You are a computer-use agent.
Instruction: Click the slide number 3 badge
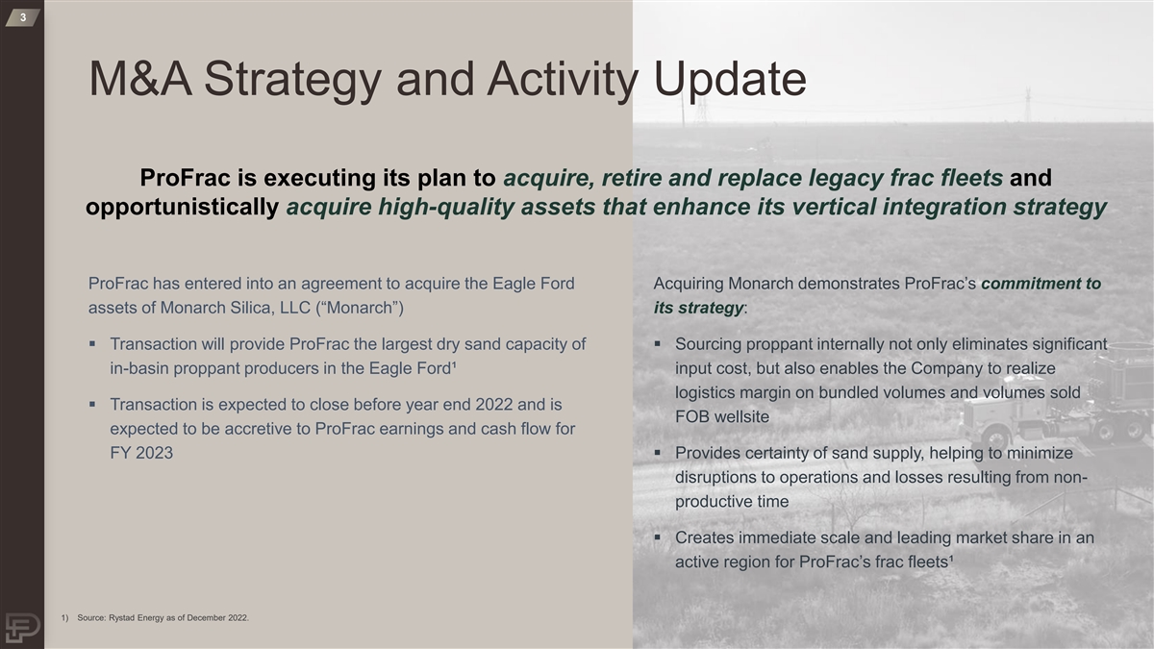pos(23,17)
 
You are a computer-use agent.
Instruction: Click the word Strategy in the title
pos(292,80)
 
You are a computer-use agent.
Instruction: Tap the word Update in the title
pos(730,80)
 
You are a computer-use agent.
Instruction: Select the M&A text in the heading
pos(140,79)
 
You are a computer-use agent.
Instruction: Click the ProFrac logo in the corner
pos(22,628)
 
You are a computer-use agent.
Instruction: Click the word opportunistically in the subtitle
pos(182,208)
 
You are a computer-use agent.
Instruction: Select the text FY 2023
pos(141,453)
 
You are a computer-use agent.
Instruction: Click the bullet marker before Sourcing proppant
pos(658,343)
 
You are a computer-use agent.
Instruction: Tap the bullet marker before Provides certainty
pos(658,452)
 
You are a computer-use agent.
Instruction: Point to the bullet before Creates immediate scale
pos(658,537)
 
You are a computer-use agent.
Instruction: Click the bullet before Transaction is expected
pos(92,404)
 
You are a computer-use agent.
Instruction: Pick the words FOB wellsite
pos(722,416)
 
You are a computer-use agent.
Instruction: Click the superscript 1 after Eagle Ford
pos(453,364)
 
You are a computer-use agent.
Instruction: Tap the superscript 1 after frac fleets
pos(950,558)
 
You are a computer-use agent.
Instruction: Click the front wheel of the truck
pos(995,439)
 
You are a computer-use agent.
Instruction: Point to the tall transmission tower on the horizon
pos(1028,105)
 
